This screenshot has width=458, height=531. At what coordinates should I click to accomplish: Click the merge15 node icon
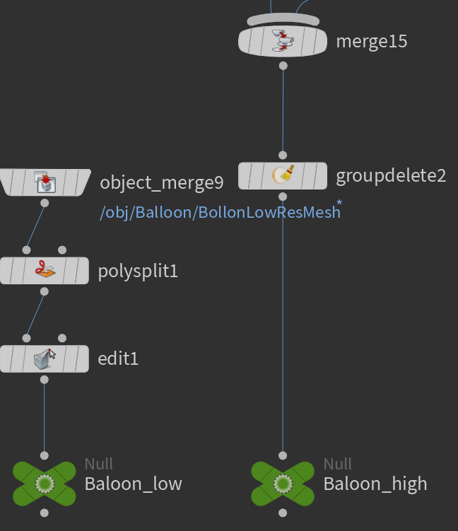(x=283, y=41)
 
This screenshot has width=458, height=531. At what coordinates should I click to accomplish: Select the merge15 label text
(x=372, y=41)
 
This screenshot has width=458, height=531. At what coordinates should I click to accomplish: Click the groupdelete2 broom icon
(x=283, y=175)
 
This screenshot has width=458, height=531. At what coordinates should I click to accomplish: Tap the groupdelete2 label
(x=391, y=175)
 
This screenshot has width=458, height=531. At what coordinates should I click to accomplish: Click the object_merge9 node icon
(x=45, y=183)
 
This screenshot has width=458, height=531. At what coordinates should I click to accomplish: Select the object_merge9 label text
(x=162, y=183)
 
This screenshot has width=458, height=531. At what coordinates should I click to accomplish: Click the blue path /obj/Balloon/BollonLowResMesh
(x=220, y=212)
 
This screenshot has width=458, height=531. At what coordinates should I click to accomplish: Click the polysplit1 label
(x=138, y=271)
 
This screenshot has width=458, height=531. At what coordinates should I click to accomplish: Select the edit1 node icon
(x=45, y=359)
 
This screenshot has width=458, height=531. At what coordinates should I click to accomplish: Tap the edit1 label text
(x=118, y=359)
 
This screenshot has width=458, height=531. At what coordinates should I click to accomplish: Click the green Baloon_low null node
(x=45, y=484)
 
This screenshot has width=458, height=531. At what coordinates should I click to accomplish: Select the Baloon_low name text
(x=134, y=484)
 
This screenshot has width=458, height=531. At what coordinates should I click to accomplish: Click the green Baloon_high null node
(x=283, y=484)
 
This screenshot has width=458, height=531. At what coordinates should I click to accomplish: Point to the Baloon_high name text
(x=375, y=484)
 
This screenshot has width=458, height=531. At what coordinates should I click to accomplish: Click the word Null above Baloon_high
(x=338, y=464)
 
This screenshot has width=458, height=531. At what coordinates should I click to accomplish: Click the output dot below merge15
(x=283, y=66)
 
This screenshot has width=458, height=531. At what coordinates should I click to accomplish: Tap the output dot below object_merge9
(x=45, y=203)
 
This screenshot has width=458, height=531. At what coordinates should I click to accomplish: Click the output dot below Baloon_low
(x=45, y=513)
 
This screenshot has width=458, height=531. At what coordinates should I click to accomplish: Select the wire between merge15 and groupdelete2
(x=283, y=110)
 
